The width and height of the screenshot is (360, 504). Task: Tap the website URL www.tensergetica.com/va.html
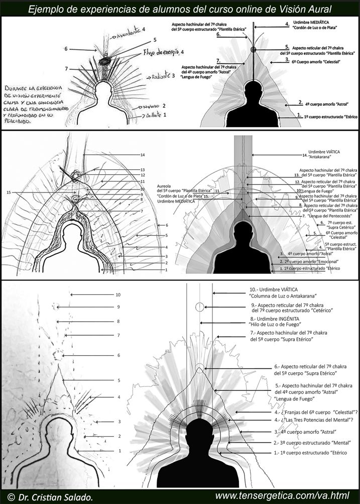282,496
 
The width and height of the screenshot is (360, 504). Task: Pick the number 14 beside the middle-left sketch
143,155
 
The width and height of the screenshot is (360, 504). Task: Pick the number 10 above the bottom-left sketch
118,295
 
